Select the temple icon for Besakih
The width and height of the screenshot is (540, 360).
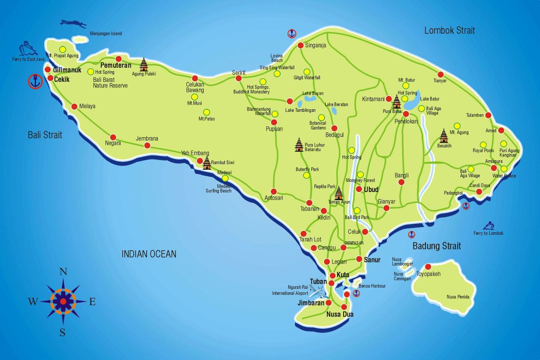coord(444,136)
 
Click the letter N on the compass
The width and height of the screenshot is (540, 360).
coord(63,272)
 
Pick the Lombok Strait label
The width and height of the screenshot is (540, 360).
coord(449,30)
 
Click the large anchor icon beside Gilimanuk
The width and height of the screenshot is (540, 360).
coord(35,81)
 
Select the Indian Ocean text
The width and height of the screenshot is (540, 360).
coord(149,254)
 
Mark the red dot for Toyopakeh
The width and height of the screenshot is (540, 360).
coord(428,266)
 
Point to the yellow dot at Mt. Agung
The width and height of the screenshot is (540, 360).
coord(457,126)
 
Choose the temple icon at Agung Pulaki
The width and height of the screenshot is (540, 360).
coord(144,64)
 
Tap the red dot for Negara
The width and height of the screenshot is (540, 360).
coord(113,137)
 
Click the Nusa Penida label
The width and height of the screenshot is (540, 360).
coord(458,297)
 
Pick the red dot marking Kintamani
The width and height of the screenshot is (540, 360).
coord(389,99)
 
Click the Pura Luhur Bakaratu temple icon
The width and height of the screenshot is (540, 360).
coord(299,145)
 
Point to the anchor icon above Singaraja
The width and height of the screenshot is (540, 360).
coord(292,33)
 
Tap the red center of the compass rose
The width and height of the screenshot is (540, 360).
coord(63,301)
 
